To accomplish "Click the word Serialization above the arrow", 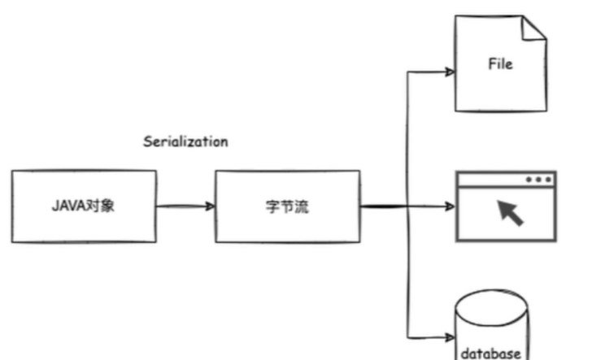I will pyautogui.click(x=185, y=141).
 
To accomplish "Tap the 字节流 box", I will pyautogui.click(x=287, y=206).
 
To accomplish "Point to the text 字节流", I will pyautogui.click(x=287, y=206).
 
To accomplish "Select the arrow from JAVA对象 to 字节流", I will pyautogui.click(x=185, y=206).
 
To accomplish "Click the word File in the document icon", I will pyautogui.click(x=499, y=63).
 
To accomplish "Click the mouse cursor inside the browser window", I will pyautogui.click(x=511, y=212).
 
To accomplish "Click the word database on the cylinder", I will pyautogui.click(x=491, y=353).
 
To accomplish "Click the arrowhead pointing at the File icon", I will pyautogui.click(x=449, y=72).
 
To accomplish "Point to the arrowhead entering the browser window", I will pyautogui.click(x=449, y=206).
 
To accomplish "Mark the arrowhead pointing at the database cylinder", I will pyautogui.click(x=449, y=336).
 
